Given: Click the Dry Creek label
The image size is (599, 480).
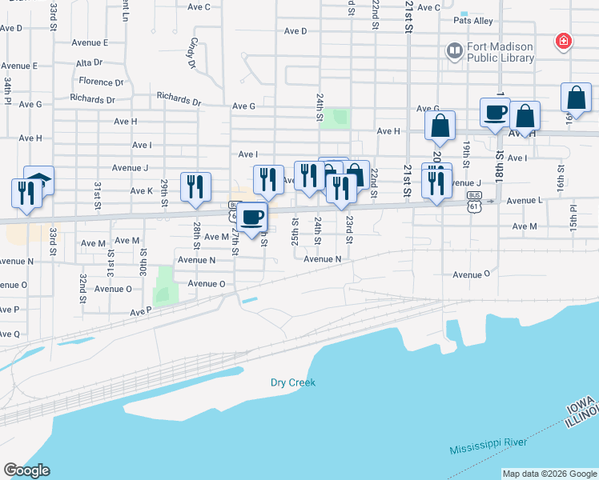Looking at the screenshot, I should click(x=291, y=382).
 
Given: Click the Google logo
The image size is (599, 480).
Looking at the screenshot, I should click(x=26, y=470).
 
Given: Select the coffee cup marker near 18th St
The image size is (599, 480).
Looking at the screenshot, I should click(x=494, y=113).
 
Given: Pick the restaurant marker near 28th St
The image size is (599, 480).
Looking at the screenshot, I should click(x=195, y=187).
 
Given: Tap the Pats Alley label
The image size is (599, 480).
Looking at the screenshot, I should click(x=472, y=21).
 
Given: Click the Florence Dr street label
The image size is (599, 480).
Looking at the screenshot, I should click(x=101, y=82).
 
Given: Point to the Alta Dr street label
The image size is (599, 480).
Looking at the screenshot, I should click(x=88, y=62).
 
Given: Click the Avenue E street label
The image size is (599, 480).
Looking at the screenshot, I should click(x=90, y=42).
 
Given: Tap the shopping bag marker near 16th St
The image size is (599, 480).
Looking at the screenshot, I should click(x=576, y=98).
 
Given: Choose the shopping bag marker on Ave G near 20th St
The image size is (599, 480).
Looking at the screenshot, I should click(x=440, y=126).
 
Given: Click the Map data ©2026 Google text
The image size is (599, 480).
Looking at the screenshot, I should click(x=549, y=474).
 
